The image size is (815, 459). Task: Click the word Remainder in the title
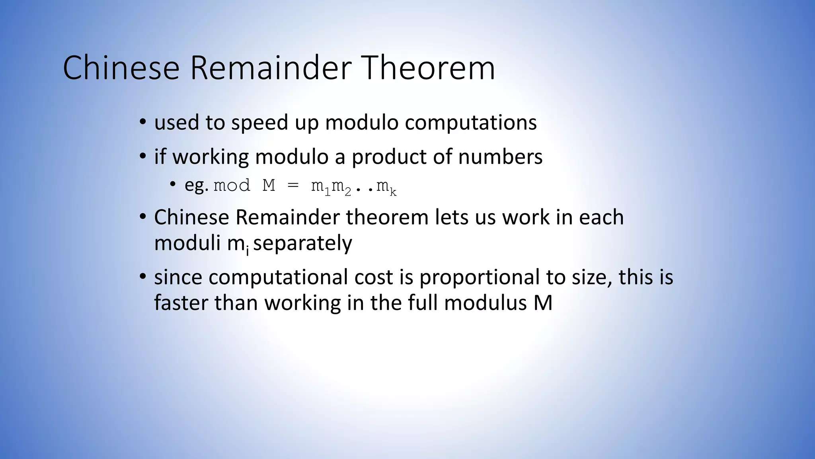271,68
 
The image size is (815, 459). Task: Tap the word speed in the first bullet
259,123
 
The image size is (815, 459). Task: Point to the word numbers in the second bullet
500,157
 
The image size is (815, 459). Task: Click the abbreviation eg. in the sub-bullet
197,186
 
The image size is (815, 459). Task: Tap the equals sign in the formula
293,186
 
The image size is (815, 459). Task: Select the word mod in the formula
232,186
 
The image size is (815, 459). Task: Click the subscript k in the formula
393,193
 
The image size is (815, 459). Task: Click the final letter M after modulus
543,303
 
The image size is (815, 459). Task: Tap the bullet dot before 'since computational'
143,277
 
